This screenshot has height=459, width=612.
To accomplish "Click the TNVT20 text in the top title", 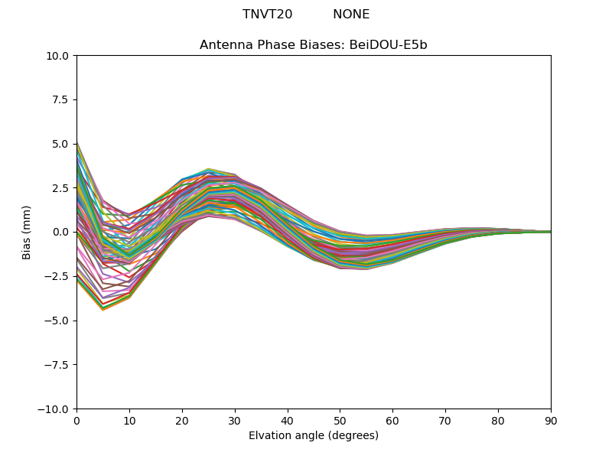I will (267, 15).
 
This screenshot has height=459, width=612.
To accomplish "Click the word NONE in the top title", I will (351, 15).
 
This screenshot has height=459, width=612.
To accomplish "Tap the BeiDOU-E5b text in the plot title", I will (389, 45).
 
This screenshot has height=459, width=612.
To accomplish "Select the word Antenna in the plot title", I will (224, 45).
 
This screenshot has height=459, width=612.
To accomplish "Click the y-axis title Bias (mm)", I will (27, 232).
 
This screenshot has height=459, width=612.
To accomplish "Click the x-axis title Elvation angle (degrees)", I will (314, 436).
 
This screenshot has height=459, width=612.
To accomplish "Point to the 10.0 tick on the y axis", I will (60, 56).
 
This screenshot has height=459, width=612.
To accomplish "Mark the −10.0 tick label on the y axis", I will (57, 409).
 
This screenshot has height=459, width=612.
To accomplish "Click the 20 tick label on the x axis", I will (182, 421).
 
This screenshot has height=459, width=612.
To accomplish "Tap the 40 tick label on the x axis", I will (288, 421).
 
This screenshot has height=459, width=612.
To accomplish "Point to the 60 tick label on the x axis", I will (392, 421).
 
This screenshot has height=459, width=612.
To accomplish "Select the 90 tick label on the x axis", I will (551, 421).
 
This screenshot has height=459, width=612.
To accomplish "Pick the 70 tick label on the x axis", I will (445, 421).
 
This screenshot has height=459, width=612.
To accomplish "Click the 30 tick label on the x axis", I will (235, 421).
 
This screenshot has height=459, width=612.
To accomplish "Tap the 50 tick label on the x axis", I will (340, 421).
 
